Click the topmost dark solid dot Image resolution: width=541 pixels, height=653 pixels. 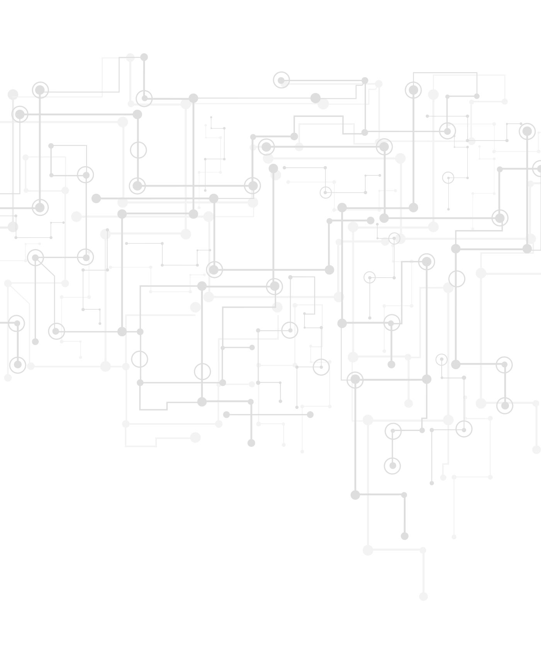(144, 57)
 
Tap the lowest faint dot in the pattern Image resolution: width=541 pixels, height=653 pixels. (424, 596)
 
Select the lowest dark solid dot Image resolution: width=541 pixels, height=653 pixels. (405, 536)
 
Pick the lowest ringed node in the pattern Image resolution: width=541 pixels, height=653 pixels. (393, 466)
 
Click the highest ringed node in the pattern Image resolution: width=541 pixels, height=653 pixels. (281, 80)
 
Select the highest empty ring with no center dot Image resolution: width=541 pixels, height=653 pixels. (138, 150)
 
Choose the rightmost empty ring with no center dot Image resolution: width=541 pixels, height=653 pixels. (457, 279)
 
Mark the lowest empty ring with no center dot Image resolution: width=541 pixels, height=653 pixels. (202, 371)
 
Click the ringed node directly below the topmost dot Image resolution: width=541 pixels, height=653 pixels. (145, 98)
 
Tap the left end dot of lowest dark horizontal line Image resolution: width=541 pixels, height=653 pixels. (355, 495)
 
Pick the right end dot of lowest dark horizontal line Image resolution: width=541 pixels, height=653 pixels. (404, 495)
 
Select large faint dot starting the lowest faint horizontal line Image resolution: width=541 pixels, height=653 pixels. (368, 550)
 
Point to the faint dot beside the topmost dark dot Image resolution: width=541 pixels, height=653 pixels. (131, 58)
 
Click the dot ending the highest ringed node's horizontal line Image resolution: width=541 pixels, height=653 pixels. (365, 80)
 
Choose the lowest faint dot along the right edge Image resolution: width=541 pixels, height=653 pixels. (536, 449)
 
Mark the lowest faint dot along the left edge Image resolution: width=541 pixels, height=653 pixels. (8, 378)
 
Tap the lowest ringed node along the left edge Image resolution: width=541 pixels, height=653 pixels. (18, 365)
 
